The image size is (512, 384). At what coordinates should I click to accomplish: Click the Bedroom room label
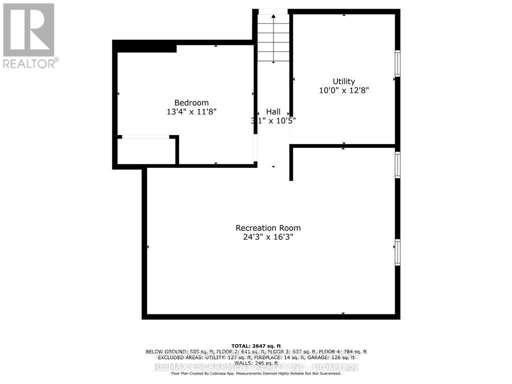[x=188, y=103]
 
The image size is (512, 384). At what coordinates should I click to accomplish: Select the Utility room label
[x=344, y=81]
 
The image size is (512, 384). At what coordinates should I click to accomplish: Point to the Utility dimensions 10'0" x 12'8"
[x=344, y=90]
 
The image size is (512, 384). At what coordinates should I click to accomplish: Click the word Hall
[x=273, y=111]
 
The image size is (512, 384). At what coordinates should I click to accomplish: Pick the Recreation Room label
[x=268, y=228]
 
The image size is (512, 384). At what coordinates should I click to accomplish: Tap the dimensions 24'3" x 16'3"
[x=268, y=237]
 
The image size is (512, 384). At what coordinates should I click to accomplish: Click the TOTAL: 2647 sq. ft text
[x=255, y=346]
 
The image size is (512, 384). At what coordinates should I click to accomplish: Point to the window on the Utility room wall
[x=398, y=63]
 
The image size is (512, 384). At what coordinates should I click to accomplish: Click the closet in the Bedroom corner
[x=146, y=151]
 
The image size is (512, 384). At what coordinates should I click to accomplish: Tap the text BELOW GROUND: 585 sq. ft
[x=175, y=352]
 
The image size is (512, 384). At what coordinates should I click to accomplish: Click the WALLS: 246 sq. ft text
[x=255, y=363]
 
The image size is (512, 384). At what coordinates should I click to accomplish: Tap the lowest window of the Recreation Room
[x=398, y=252]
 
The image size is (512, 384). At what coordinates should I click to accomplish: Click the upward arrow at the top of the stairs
[x=273, y=16]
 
